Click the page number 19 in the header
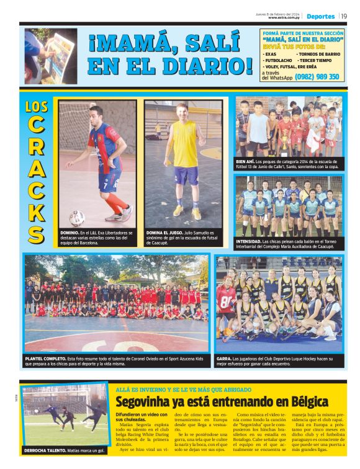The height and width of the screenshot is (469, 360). [344, 16]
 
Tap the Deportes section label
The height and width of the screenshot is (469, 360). [320, 17]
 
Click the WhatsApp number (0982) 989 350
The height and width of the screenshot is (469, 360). [317, 77]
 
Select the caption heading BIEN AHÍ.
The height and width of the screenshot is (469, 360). [246, 160]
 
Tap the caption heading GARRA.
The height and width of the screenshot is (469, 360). [224, 358]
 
